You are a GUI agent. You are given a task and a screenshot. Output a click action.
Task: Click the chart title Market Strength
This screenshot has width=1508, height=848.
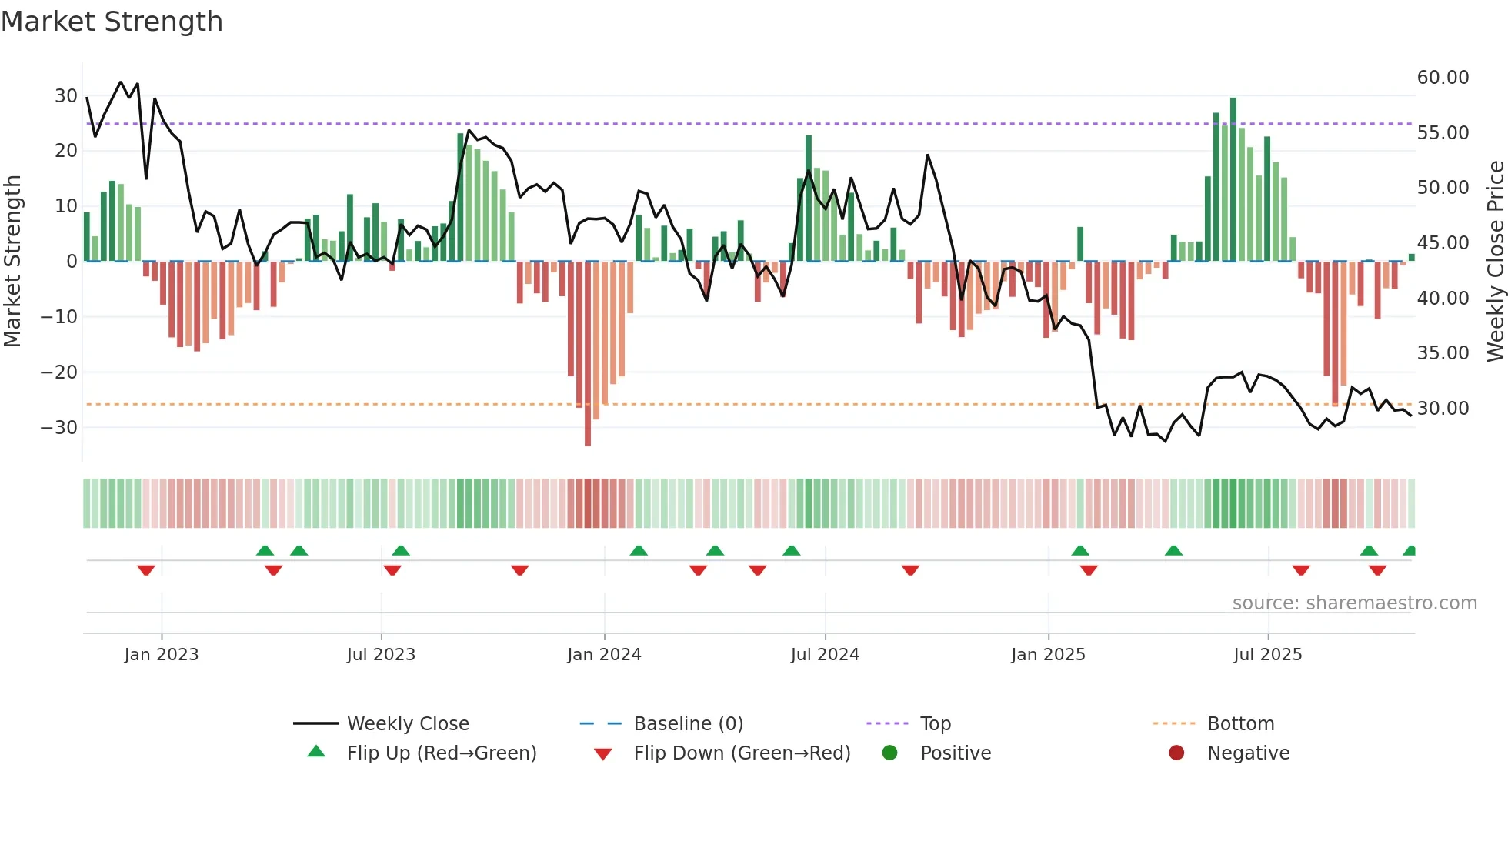(x=112, y=22)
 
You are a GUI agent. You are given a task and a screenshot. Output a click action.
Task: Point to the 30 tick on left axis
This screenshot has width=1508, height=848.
(x=66, y=96)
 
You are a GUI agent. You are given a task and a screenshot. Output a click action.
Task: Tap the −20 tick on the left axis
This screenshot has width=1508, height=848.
(x=59, y=372)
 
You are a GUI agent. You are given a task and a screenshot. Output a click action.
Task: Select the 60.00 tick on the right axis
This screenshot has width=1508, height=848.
(x=1443, y=78)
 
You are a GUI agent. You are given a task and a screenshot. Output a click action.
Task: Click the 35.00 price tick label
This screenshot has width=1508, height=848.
(x=1443, y=353)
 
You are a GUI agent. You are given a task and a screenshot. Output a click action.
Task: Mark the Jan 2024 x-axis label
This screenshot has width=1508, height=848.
(x=604, y=655)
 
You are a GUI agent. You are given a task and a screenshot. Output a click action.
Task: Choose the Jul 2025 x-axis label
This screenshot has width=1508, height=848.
(x=1267, y=655)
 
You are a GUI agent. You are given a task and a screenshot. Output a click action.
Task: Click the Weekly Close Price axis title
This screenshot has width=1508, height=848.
(x=1495, y=262)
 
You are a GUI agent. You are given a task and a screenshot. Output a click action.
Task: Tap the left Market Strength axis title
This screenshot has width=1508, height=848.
(x=12, y=262)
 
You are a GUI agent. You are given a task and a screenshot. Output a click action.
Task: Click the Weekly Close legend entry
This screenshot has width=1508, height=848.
(x=408, y=724)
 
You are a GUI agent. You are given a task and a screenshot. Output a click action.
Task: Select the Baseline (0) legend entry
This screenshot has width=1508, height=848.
(x=688, y=724)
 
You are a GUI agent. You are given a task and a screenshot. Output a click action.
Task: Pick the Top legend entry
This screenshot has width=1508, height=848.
(x=935, y=724)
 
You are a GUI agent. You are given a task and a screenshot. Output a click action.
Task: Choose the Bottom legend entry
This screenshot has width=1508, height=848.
(x=1240, y=724)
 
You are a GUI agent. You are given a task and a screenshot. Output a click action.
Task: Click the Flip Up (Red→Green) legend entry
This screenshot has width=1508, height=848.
(x=441, y=753)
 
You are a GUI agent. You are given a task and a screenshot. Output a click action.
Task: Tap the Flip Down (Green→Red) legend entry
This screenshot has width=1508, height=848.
(x=742, y=753)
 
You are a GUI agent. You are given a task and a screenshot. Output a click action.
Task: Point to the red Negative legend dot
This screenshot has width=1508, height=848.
(x=1176, y=753)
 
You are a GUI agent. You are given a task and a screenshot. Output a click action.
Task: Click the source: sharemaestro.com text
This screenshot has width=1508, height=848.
(x=1354, y=603)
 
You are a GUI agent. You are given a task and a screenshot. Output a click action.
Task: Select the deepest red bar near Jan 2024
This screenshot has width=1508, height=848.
(x=588, y=354)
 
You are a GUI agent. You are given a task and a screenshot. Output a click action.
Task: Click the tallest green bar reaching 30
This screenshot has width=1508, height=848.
(x=1233, y=179)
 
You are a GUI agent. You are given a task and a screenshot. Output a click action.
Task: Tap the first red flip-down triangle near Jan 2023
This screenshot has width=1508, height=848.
(x=146, y=570)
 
